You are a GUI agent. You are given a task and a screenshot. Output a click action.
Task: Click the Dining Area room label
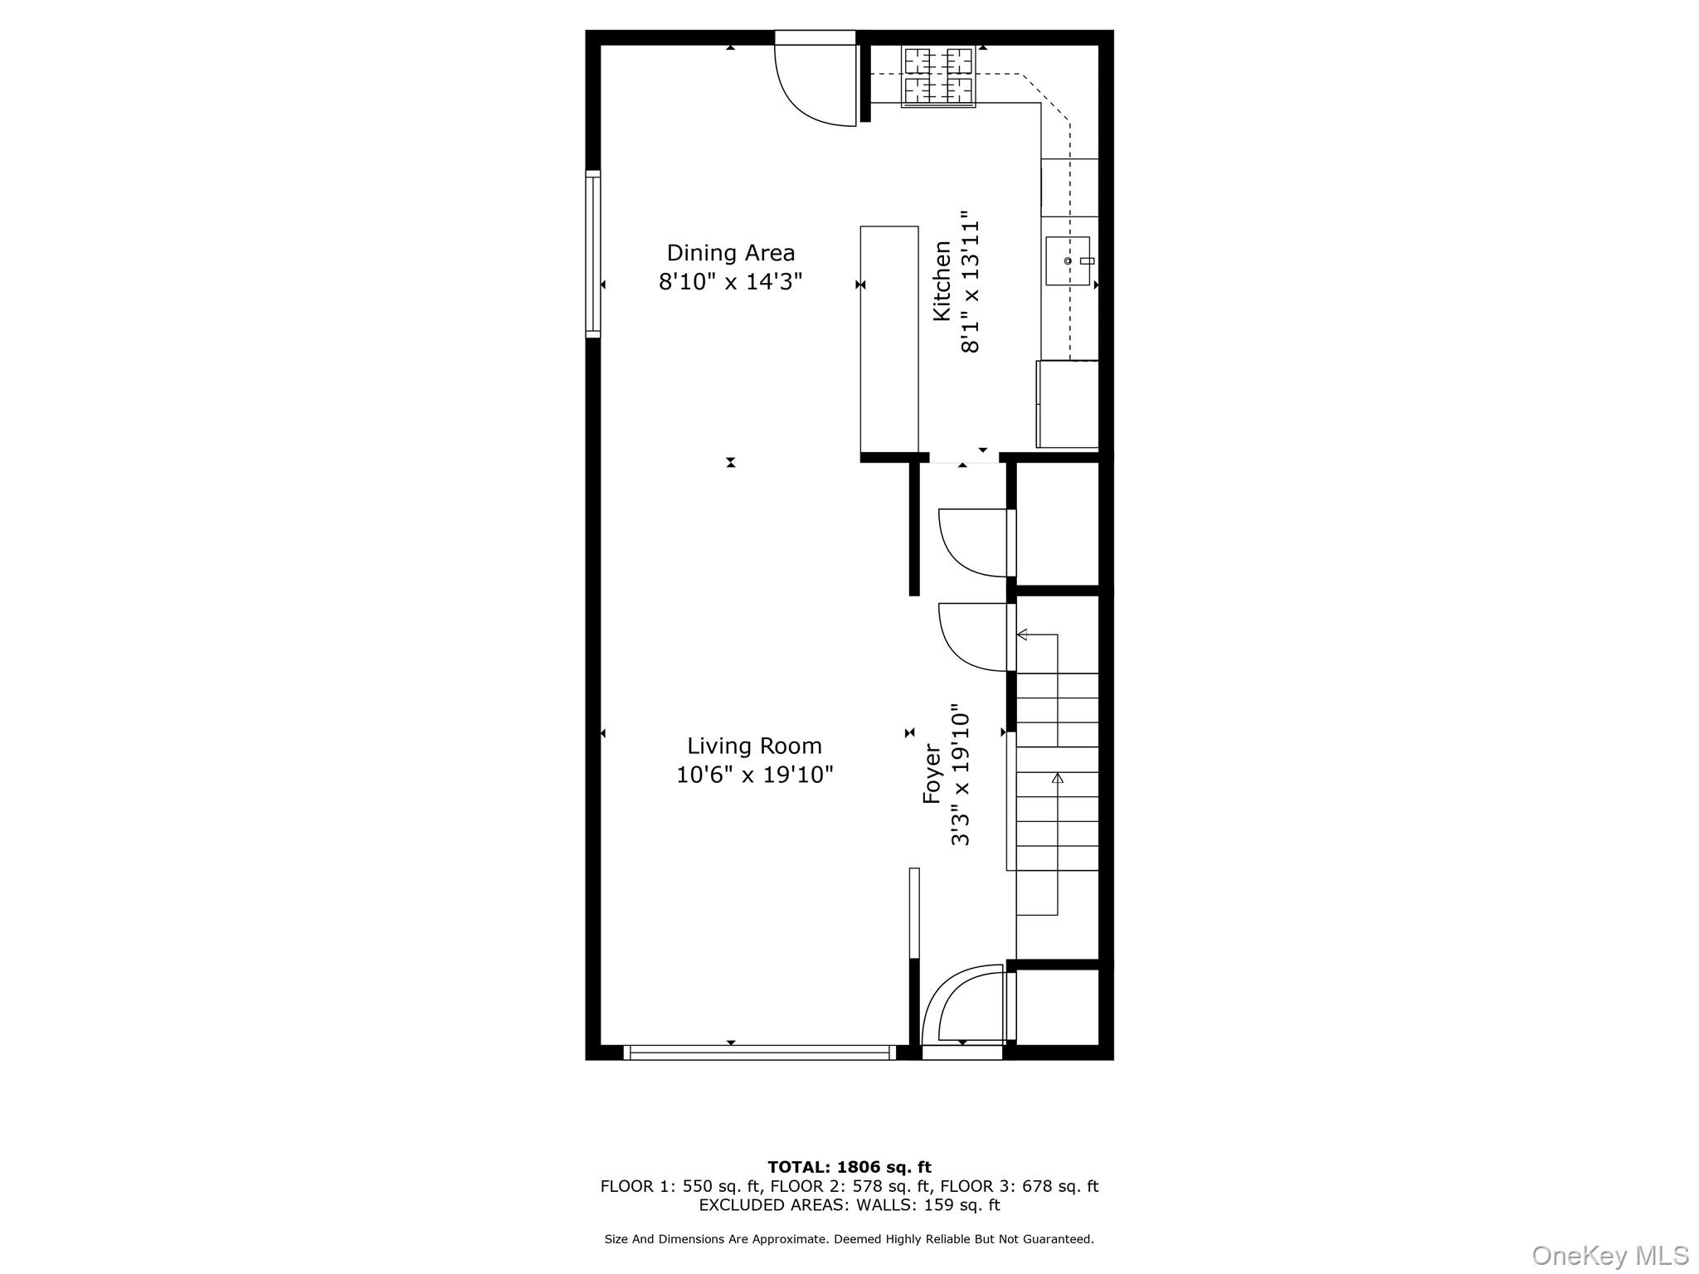pyautogui.click(x=730, y=252)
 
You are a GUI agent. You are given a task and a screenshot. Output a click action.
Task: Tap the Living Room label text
pyautogui.click(x=754, y=746)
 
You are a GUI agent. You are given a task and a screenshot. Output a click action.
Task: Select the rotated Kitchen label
pyautogui.click(x=942, y=280)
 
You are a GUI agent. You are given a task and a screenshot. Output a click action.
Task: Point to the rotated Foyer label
pyautogui.click(x=932, y=773)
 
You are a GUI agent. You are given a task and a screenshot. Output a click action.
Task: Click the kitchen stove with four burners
pyautogui.click(x=938, y=76)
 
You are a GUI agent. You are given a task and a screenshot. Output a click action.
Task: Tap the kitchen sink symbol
pyautogui.click(x=1068, y=260)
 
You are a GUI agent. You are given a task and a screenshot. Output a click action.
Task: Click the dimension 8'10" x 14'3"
pyautogui.click(x=730, y=282)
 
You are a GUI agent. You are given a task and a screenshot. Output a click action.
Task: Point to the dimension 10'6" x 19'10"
pyautogui.click(x=754, y=775)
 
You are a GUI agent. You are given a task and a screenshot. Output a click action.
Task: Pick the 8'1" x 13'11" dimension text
pyautogui.click(x=971, y=287)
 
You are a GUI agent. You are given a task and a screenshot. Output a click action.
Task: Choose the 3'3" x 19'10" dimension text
pyautogui.click(x=960, y=775)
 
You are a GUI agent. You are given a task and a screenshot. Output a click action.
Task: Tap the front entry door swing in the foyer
pyautogui.click(x=966, y=1005)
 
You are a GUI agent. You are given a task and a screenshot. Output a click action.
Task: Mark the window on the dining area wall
pyautogui.click(x=593, y=253)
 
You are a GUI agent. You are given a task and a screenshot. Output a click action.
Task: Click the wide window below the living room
pyautogui.click(x=759, y=1053)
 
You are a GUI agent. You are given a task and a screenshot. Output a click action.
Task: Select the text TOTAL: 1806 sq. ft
pyautogui.click(x=849, y=1167)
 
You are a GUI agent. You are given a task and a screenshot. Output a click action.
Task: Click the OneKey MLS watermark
pyautogui.click(x=1609, y=1255)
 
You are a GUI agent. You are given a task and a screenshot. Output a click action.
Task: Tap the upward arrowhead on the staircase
pyautogui.click(x=1057, y=778)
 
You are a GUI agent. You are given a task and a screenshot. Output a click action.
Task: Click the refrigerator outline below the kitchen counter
pyautogui.click(x=1068, y=404)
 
